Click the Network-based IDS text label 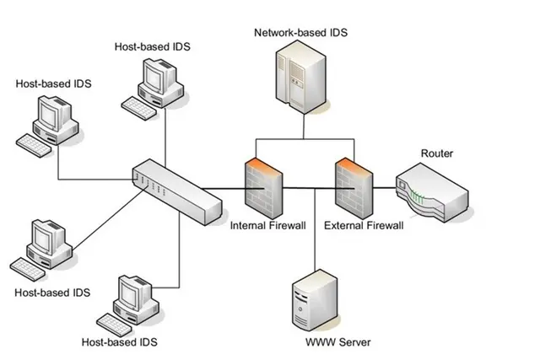coord(300,33)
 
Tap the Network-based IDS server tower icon coord(300,77)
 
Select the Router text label coord(437,153)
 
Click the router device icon coord(432,193)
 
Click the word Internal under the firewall coord(248,225)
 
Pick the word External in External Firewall coord(343,225)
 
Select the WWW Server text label coord(337,342)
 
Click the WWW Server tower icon coord(315,300)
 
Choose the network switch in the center coord(177,192)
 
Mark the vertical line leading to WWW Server coord(315,228)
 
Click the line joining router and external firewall coord(385,188)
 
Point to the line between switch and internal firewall coord(233,189)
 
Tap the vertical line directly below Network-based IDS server coord(304,126)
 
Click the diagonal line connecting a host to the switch coord(111,218)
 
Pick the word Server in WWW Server coord(354,342)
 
